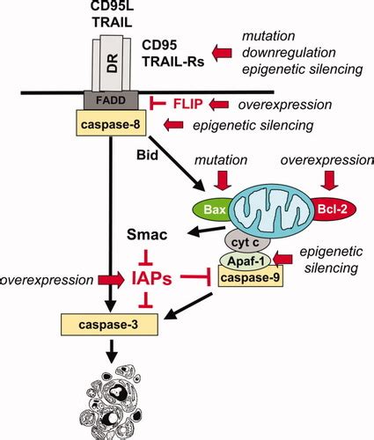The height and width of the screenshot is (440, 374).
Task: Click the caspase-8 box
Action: pos(111,123)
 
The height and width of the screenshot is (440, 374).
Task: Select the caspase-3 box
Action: pos(109,325)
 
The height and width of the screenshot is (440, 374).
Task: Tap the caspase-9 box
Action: pos(251,276)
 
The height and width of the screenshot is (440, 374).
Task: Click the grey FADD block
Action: pos(111,100)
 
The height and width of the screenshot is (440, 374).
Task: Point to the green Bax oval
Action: pos(213,209)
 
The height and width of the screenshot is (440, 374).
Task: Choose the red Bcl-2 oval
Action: pos(333,209)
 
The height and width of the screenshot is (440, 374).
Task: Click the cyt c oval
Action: pos(247,242)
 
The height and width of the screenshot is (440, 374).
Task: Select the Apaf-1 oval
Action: pos(246,260)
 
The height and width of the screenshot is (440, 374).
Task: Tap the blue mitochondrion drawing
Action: pos(272,209)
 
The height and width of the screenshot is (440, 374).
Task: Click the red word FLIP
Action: pos(187,104)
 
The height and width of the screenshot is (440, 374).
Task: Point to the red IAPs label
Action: pos(151,279)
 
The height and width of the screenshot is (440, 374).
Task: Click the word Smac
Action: pos(147,235)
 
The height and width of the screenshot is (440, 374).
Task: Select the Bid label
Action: pos(147,155)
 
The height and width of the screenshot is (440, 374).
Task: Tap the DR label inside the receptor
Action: pos(112,63)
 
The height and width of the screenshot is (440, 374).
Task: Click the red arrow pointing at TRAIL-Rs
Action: pos(222,53)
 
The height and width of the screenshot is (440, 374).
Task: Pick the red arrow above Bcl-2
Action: pos(329,180)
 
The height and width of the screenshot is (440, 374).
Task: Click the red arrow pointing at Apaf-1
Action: pos(282,259)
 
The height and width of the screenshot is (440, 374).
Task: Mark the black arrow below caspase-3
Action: pos(111,351)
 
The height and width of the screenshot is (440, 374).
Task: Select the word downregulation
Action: pos(289,53)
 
